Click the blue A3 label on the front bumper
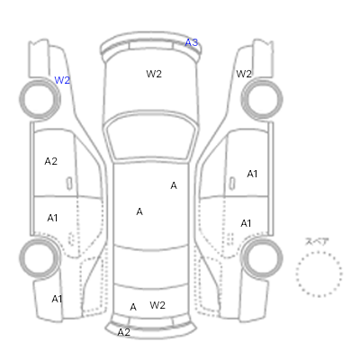(x=191, y=42)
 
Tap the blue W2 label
(x=62, y=80)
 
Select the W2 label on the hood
(x=154, y=74)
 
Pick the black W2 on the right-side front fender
(x=244, y=74)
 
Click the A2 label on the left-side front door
(x=50, y=161)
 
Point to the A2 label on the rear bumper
(x=123, y=332)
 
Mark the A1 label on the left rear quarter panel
(x=57, y=299)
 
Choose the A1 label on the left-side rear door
(x=52, y=218)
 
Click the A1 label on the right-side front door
(x=252, y=174)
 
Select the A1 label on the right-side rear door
(x=246, y=223)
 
